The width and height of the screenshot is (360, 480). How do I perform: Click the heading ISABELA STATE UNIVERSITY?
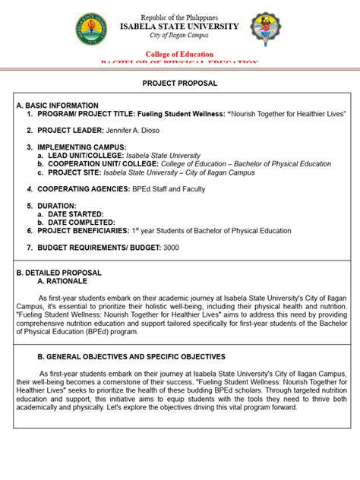click(180, 26)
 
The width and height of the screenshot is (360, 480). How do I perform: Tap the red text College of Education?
click(180, 55)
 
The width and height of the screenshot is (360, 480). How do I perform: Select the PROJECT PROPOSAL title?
click(180, 84)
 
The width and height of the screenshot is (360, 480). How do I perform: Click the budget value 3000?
click(172, 248)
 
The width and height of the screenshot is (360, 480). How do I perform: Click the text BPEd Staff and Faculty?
click(168, 189)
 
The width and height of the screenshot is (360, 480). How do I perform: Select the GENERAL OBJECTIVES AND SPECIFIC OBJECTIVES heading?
click(131, 356)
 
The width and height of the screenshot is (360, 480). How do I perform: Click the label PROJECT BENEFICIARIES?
click(84, 231)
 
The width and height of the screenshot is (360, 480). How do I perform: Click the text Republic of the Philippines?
click(180, 17)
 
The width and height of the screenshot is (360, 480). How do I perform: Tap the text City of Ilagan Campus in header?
click(180, 36)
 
